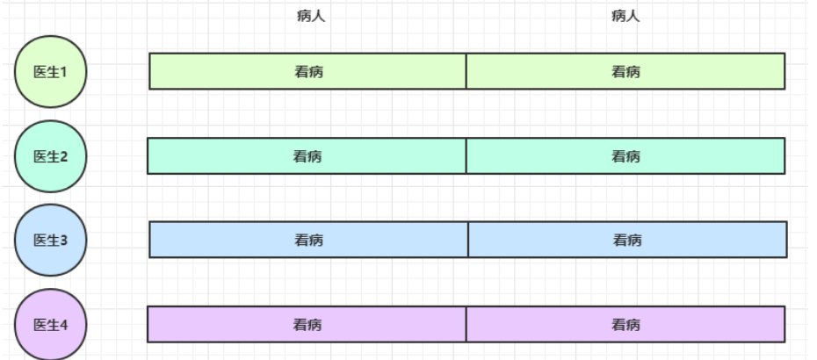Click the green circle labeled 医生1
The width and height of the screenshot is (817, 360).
pyautogui.click(x=51, y=72)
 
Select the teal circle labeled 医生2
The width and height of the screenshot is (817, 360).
pyautogui.click(x=51, y=156)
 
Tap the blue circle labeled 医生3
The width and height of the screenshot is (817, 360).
pyautogui.click(x=51, y=240)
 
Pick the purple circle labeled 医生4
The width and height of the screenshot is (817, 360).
pyautogui.click(x=51, y=324)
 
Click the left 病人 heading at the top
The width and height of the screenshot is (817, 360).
pyautogui.click(x=311, y=16)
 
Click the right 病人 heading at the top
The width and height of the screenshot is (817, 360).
pyautogui.click(x=625, y=16)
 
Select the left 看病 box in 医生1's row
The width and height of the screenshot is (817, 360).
pyautogui.click(x=307, y=72)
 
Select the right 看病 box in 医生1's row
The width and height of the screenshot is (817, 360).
pyautogui.click(x=625, y=72)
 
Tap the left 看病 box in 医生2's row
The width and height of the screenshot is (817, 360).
pyautogui.click(x=307, y=156)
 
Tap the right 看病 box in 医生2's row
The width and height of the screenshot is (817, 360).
pyautogui.click(x=625, y=156)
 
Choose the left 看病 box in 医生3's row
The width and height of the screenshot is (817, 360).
pyautogui.click(x=308, y=240)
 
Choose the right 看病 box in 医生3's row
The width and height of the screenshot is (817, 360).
pyautogui.click(x=627, y=240)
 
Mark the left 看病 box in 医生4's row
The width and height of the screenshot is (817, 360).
pyautogui.click(x=307, y=324)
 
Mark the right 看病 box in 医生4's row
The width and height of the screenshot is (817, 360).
pyautogui.click(x=625, y=324)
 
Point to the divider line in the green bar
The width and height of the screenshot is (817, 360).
pyautogui.click(x=466, y=72)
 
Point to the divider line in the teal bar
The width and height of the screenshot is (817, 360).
pyautogui.click(x=466, y=156)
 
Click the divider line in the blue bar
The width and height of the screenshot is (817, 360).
pyautogui.click(x=468, y=240)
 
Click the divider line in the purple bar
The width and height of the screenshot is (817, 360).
pyautogui.click(x=466, y=324)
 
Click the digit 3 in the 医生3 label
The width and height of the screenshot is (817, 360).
pyautogui.click(x=64, y=240)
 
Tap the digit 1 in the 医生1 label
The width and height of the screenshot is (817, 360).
pyautogui.click(x=64, y=72)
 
